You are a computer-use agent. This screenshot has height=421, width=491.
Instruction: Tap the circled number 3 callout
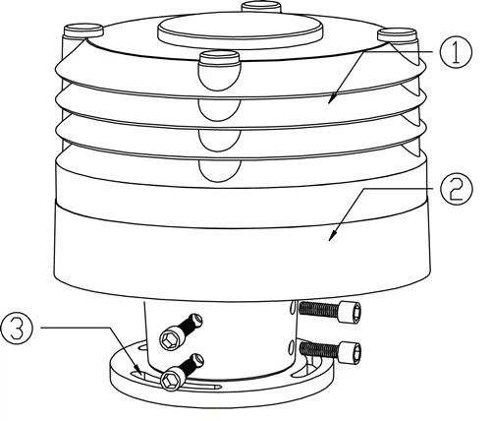pos(17,328)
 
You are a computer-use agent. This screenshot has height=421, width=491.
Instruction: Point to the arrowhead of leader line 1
pos(331,100)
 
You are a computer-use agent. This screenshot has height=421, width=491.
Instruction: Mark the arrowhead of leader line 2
pos(331,237)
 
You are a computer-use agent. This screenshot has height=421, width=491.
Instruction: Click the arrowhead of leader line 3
pos(138,371)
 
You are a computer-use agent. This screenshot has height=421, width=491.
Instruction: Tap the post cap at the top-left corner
pos(83,30)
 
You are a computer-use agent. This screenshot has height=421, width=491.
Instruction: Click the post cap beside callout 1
pos(397,34)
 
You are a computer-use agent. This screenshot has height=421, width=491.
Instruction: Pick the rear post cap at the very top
pos(260,6)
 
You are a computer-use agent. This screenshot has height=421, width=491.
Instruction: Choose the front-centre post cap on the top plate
pos(220,58)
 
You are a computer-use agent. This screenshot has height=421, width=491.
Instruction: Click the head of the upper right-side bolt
pos(350,312)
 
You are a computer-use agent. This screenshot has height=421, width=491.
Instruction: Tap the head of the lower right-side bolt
pos(350,352)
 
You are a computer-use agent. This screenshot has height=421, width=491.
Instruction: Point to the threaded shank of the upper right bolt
pos(319,309)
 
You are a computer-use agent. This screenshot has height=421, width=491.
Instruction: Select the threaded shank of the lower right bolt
pos(319,350)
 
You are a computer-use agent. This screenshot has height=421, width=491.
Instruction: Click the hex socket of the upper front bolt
pos(170,340)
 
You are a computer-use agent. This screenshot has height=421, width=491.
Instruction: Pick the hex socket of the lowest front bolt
pos(171,380)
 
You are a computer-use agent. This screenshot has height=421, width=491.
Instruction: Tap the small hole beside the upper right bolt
pos(291,307)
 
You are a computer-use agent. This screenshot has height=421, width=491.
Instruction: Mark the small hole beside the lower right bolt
pos(291,347)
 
